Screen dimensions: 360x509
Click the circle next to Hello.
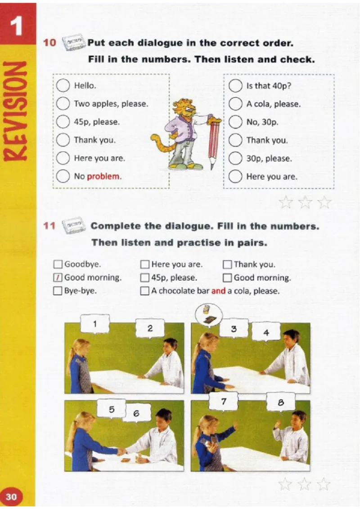pyautogui.click(x=63, y=86)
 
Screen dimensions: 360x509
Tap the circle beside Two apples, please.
pyautogui.click(x=63, y=104)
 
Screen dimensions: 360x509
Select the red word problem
pyautogui.click(x=104, y=177)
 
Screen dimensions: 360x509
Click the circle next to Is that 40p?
pyautogui.click(x=235, y=86)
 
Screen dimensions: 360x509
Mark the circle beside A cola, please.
pyautogui.click(x=235, y=104)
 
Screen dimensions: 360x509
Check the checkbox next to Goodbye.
pyautogui.click(x=58, y=264)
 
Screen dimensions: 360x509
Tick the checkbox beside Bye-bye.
pyautogui.click(x=58, y=290)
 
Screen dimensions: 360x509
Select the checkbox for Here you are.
pyautogui.click(x=144, y=264)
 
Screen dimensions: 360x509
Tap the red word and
pyautogui.click(x=218, y=291)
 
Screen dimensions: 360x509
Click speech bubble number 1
pyautogui.click(x=95, y=324)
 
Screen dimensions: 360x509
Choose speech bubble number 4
pyautogui.click(x=266, y=332)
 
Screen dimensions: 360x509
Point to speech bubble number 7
pyautogui.click(x=224, y=402)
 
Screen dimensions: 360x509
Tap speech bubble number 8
pyautogui.click(x=281, y=402)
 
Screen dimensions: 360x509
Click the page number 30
pyautogui.click(x=11, y=497)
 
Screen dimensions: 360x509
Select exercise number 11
pyautogui.click(x=49, y=226)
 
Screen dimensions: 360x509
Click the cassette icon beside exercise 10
pyautogui.click(x=74, y=43)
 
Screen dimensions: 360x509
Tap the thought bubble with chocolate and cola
pyautogui.click(x=209, y=315)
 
